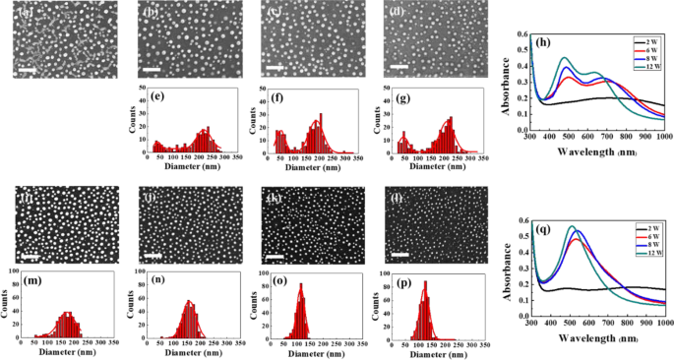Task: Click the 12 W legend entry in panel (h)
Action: [645, 64]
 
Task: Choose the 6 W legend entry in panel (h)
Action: [645, 48]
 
